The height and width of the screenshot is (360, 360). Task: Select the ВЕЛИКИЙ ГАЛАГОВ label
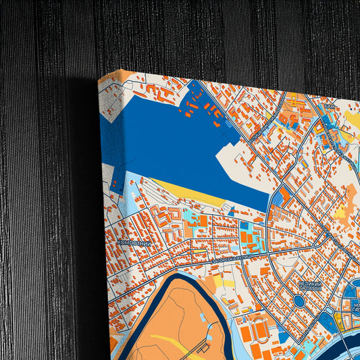309,287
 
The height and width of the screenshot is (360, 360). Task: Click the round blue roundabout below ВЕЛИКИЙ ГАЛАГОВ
300,301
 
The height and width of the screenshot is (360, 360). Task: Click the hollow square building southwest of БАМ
292,121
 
